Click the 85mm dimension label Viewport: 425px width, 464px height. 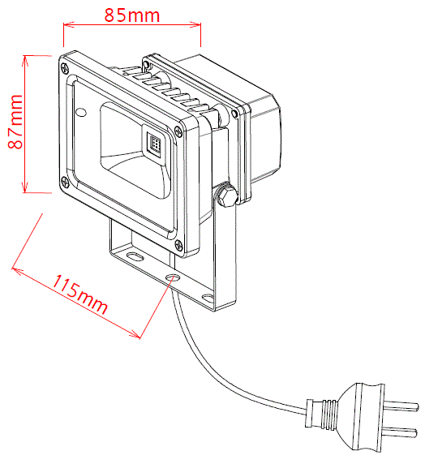click(132, 15)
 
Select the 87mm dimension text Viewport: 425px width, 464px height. click(15, 122)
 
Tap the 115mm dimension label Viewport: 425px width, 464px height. click(80, 294)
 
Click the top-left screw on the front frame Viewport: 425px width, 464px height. click(65, 68)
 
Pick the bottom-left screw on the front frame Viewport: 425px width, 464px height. click(65, 182)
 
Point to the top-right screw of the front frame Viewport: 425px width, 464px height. click(178, 131)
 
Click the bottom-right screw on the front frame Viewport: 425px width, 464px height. click(179, 245)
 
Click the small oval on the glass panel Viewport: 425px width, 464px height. click(81, 112)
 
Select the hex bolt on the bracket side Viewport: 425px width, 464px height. click(226, 195)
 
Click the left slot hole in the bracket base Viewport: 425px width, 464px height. click(134, 256)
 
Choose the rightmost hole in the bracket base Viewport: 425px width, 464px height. click(208, 297)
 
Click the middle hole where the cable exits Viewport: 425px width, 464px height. click(173, 277)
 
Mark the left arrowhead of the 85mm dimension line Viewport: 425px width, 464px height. click(69, 24)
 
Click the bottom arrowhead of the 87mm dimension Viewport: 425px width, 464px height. click(25, 187)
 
